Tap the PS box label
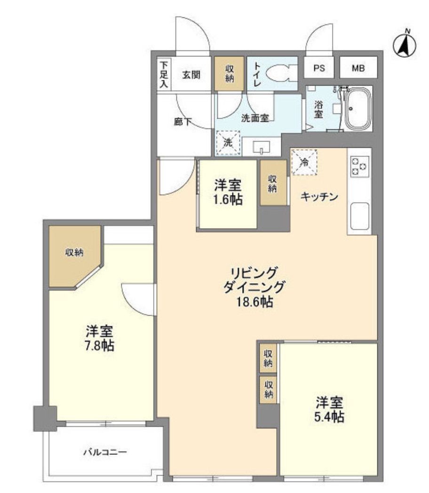pos(319,68)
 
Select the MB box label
pos(358,68)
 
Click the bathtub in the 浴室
pos(358,109)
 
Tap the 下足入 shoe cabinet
pos(164,74)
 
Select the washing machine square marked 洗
pos(228,143)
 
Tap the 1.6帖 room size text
pos(229,199)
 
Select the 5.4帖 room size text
pos(329,417)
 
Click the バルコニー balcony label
pos(105,452)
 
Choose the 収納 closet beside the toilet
pos(229,73)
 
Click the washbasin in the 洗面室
pos(261,148)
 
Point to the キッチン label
pos(320,197)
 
